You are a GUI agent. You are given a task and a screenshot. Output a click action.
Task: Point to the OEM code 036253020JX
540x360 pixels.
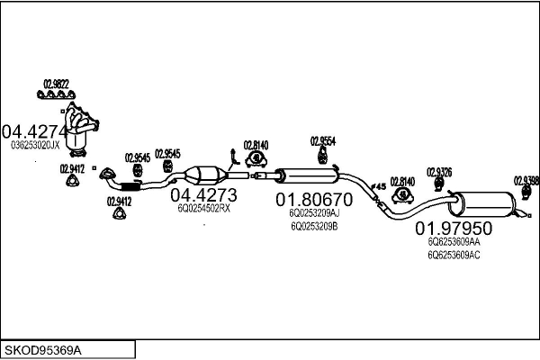point(35,144)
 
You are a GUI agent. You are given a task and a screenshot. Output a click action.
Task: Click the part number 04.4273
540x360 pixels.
point(203,194)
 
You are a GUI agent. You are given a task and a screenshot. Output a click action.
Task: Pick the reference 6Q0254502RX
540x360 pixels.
point(203,208)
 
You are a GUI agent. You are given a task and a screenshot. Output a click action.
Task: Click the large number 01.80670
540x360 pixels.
point(314,199)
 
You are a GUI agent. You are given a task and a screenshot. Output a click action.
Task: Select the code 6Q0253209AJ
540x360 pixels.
point(314,214)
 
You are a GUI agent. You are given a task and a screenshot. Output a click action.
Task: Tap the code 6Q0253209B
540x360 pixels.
point(313,226)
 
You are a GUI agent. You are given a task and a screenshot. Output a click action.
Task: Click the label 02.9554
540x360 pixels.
point(323,141)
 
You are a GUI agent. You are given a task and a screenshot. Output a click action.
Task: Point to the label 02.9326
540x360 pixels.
point(439,171)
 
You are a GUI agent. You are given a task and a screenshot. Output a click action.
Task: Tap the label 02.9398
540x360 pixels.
point(526,180)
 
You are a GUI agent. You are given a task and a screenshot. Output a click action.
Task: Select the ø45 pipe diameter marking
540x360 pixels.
point(378,186)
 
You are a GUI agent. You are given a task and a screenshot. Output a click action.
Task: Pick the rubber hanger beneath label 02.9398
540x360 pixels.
point(524,193)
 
